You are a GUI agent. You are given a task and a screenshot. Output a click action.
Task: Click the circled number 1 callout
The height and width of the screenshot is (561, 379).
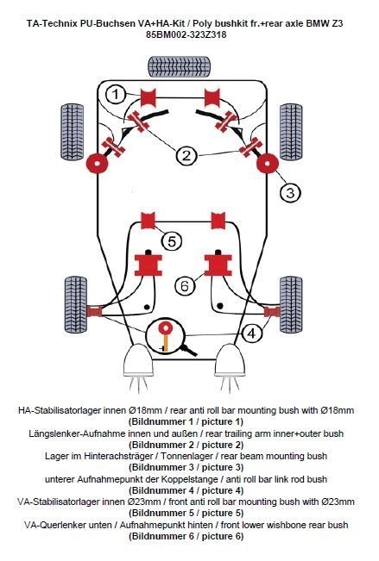(116, 95)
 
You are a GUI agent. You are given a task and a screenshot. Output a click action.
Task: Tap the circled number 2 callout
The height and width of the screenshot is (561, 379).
(186, 155)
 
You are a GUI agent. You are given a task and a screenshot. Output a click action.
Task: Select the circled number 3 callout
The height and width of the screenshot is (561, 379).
(290, 193)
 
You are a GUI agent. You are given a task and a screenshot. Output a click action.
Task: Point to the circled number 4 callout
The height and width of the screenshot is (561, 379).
(252, 333)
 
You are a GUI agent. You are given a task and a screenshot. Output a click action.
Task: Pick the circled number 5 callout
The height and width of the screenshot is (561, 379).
(172, 241)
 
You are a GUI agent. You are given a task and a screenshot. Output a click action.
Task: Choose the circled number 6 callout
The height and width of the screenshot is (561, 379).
(185, 285)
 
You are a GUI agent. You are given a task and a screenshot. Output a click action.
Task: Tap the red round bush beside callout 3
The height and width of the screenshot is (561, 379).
(268, 163)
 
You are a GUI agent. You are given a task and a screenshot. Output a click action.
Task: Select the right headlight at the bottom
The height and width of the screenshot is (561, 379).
(230, 360)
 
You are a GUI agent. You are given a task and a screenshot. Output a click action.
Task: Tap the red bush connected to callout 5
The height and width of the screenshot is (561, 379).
(148, 221)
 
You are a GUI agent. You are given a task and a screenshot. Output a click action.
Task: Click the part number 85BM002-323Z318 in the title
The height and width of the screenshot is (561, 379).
(186, 34)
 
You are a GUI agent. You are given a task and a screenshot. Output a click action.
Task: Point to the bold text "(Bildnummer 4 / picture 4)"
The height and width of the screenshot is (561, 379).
(186, 490)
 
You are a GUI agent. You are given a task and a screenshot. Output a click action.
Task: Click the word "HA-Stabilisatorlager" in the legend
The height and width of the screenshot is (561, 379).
(60, 410)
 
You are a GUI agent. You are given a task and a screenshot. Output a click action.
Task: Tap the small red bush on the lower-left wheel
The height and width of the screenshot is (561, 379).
(94, 311)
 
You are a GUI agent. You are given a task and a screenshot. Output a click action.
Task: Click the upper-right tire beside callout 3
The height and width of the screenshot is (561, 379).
(291, 132)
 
